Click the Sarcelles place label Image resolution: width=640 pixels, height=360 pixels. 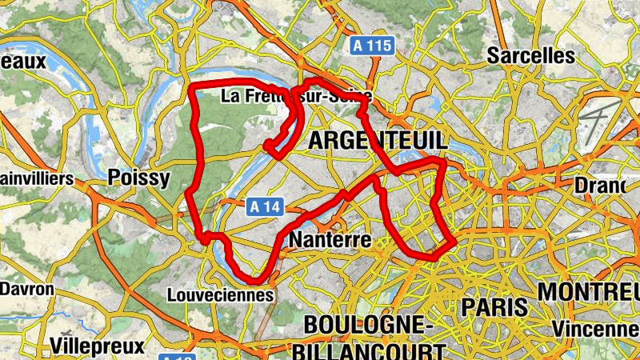(531, 56)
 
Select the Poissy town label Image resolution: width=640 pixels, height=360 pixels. (138, 177)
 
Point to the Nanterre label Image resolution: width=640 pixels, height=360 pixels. (330, 240)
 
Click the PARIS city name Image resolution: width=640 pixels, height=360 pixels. (494, 306)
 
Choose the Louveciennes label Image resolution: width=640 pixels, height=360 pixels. (220, 295)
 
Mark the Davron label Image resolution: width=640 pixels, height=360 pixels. (27, 289)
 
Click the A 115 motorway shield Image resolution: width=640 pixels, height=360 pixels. (374, 46)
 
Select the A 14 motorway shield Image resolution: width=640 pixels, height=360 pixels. (266, 207)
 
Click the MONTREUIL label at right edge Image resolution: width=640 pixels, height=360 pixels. (588, 291)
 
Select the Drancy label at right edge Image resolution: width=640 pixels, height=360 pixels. (600, 186)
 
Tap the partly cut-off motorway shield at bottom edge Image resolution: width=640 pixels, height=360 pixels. (175, 356)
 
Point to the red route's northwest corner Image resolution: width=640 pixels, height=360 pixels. (192, 85)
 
